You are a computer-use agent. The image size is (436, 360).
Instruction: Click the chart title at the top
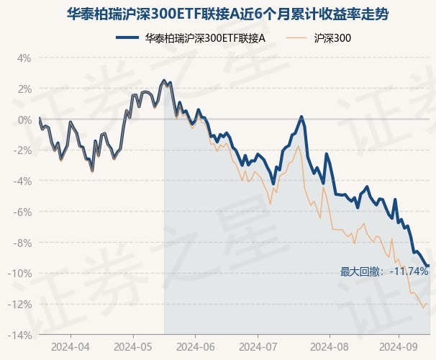(x=218, y=14)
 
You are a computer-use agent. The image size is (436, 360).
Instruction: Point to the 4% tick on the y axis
(x=24, y=58)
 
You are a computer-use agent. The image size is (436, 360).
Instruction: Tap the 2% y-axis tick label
(x=24, y=89)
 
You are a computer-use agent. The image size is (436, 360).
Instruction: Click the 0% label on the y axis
(x=24, y=120)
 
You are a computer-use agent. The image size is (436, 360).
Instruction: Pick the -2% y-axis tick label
(x=23, y=150)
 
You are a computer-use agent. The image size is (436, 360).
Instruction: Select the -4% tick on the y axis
(x=23, y=181)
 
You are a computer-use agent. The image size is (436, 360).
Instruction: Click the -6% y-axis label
(x=23, y=212)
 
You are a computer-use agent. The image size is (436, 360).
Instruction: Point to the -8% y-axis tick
(x=23, y=243)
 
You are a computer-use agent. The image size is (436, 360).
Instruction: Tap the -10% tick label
(x=21, y=274)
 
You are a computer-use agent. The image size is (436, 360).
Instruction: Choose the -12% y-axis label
(x=21, y=304)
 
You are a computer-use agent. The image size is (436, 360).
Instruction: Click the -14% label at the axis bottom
(x=21, y=335)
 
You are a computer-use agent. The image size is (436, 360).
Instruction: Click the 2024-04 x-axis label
(x=71, y=346)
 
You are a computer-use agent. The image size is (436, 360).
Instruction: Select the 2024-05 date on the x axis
(x=133, y=346)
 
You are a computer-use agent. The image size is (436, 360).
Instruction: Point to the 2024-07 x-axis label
(x=259, y=346)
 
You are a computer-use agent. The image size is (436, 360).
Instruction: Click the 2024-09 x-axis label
(x=399, y=346)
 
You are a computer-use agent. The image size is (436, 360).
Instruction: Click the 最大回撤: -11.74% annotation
(x=384, y=271)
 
